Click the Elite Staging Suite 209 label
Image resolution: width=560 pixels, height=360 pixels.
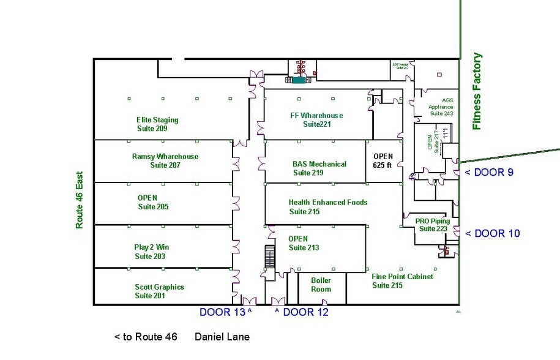tap(157, 124)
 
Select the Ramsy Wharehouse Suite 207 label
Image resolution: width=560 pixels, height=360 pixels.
tap(165, 160)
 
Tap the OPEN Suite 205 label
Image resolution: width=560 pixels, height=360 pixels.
tap(152, 202)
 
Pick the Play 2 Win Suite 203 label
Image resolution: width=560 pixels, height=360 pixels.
tap(151, 252)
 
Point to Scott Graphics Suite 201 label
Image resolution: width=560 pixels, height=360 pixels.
tap(159, 291)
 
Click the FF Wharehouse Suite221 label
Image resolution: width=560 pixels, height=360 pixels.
tap(316, 119)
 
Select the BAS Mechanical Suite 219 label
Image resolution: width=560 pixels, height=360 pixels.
tap(319, 168)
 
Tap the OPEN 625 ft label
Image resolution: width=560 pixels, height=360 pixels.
tap(383, 160)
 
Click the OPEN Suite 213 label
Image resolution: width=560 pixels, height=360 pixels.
tap(304, 243)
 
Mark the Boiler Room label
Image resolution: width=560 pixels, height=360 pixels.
tap(321, 285)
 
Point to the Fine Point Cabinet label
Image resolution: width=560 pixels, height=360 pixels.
tap(402, 281)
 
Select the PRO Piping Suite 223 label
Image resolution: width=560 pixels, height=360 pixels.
tap(432, 225)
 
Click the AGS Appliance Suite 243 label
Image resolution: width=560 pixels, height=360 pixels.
tap(441, 107)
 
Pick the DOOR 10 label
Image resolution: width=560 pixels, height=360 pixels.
tap(492, 233)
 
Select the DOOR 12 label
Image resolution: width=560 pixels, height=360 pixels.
tap(301, 312)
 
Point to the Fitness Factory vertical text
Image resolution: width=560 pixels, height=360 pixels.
tap(477, 91)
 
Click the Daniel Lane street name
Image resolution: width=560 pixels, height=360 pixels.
tap(222, 337)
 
